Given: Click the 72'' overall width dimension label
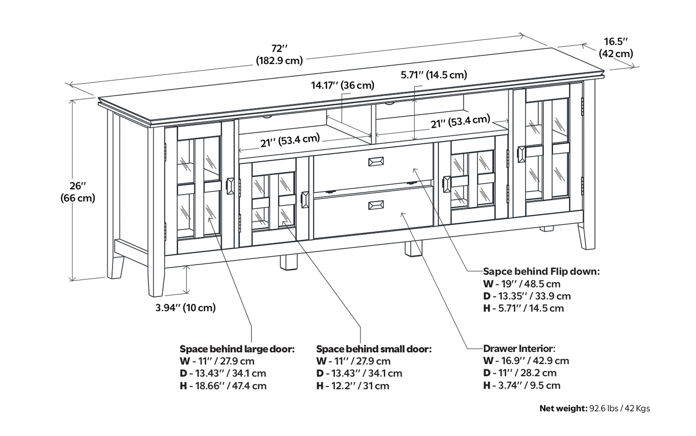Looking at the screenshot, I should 279,54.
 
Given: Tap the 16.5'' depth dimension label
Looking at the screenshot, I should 616,48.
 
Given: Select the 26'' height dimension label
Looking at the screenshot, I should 77,192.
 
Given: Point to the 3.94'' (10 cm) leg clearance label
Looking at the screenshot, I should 185,308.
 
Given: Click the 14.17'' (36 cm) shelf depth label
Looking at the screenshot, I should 342,85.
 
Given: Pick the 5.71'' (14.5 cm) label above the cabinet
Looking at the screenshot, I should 434,75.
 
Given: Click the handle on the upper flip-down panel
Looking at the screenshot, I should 376,162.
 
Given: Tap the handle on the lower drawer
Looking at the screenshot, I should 376,205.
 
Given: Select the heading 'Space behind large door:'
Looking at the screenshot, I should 237,349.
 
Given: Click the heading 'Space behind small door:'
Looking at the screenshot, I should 374,349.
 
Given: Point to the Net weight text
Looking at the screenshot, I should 594,408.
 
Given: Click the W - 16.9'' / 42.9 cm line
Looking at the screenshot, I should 526,361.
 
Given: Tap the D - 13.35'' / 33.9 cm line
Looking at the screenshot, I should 527,296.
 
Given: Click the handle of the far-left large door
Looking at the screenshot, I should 230,186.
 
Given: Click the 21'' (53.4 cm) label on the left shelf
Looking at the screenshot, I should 290,140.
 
